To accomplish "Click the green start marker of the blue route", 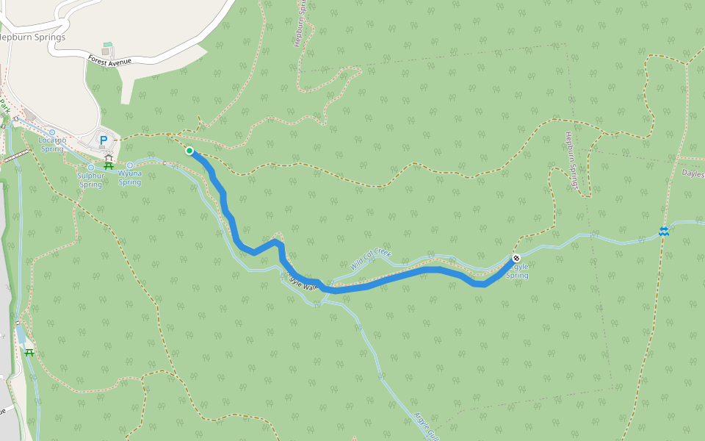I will pos(189,151).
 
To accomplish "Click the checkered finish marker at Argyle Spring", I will pos(516,258).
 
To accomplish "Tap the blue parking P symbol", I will pos(104,140).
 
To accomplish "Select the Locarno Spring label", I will pos(52,143).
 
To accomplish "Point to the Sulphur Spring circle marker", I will pos(91,168).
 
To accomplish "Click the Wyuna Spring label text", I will pos(129,178).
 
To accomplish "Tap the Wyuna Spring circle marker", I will pos(130,165).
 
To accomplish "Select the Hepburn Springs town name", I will pos(32,37).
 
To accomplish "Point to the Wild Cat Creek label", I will pos(370,258).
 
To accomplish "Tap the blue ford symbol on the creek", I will pos(664,232).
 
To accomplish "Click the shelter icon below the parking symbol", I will pos(109,158).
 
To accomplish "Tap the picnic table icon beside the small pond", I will pos(29,352).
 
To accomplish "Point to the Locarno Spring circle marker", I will pos(52,132).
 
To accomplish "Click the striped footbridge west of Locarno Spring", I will pos(16,157).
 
